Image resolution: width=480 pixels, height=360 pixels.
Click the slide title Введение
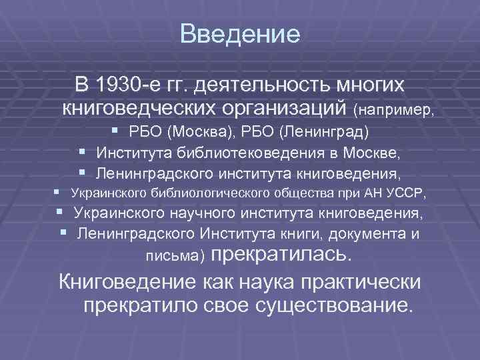tap(240, 34)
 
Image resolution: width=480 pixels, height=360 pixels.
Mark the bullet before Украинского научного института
tap(61, 213)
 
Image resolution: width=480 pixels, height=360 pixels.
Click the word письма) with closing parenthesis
tap(175, 256)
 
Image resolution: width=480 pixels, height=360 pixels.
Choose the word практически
tap(363, 281)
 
